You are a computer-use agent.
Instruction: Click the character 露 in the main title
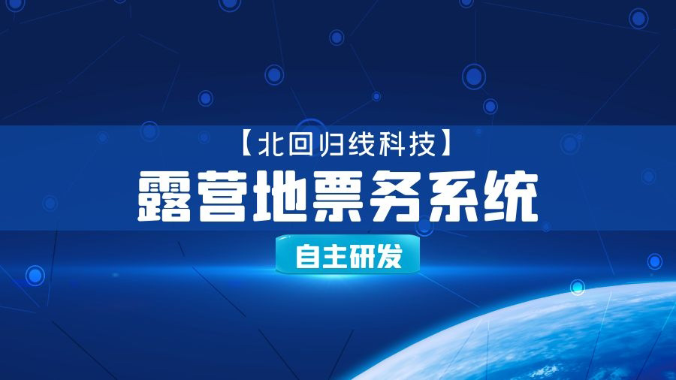pos(164,197)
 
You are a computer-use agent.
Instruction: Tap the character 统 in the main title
pos(511,197)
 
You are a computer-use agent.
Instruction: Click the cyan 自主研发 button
pos(348,255)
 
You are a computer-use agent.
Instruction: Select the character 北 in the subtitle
pos(270,144)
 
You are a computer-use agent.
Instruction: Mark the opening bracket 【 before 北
pos(246,144)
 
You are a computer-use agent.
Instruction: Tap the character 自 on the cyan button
pos(307,256)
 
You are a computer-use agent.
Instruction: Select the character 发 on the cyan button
pos(389,256)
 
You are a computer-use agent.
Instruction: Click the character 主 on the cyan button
pos(334,256)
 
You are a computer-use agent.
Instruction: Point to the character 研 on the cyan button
pos(362,256)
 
